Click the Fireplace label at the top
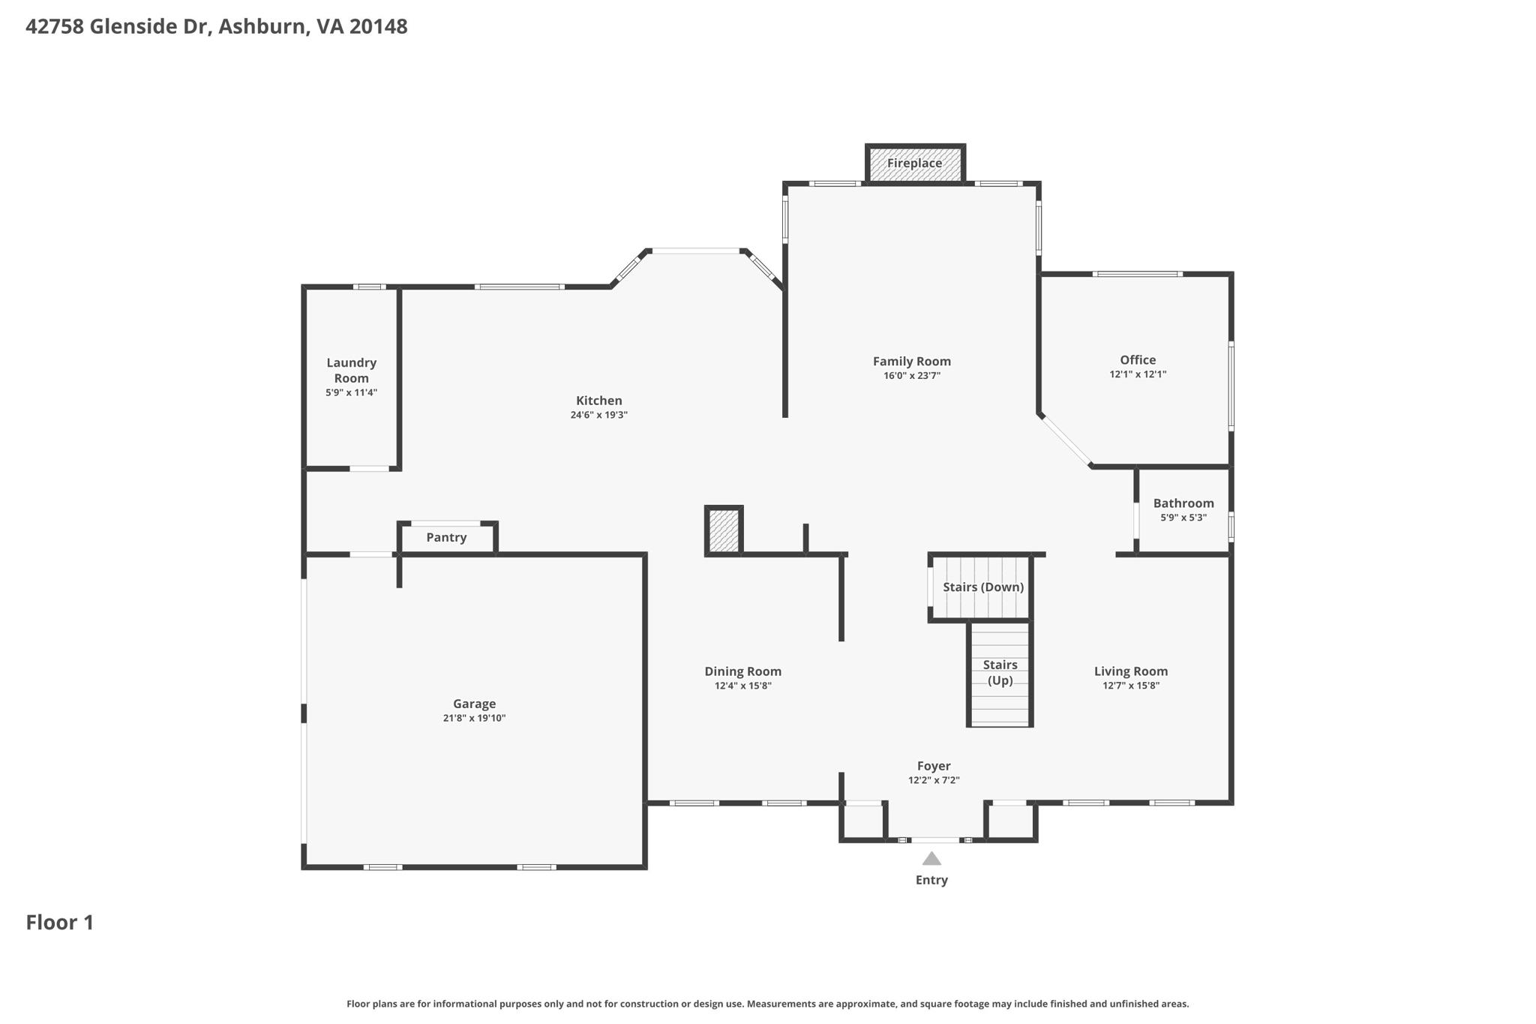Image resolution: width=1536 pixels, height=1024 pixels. coord(914,163)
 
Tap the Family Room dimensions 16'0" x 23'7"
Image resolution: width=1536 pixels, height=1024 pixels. coord(912,376)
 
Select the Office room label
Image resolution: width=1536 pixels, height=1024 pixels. coord(1138,360)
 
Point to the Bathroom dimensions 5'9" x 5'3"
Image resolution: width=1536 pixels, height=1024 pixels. coord(1183,518)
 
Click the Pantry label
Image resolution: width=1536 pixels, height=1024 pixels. coord(446,537)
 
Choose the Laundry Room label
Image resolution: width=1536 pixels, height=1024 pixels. coord(351,371)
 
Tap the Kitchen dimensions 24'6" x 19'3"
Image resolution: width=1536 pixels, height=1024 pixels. coord(598,415)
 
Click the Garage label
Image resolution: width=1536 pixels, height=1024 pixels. coord(474,704)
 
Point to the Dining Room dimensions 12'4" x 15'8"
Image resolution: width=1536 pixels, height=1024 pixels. coord(742,686)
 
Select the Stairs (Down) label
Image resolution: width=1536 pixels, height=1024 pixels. coord(983,587)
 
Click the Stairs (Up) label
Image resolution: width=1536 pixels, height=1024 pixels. coord(1000,673)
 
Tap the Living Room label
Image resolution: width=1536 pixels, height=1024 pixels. coord(1131,671)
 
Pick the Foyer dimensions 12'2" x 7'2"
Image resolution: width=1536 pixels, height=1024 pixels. coord(934,780)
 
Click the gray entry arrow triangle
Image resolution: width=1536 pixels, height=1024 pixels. coord(931,859)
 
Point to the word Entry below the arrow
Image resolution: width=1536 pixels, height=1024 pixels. coord(931,880)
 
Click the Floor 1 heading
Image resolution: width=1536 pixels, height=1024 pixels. coord(60,922)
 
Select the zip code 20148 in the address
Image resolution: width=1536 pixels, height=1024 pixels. coord(378,27)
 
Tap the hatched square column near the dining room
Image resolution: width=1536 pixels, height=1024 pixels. coord(724,531)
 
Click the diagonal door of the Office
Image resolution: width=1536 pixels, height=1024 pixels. coord(1066,440)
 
